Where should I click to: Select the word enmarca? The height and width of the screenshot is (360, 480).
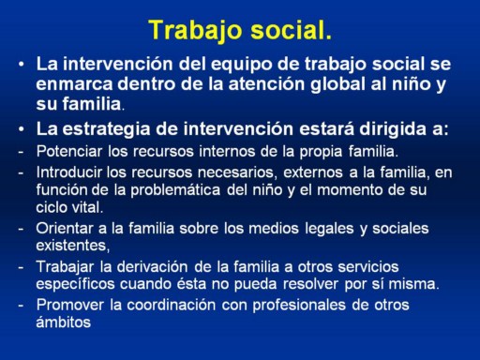[x=74, y=84]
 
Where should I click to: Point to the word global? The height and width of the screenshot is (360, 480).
[x=337, y=84]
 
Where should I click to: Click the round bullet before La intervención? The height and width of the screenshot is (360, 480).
[x=21, y=64]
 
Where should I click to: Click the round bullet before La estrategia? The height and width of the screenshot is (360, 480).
[x=21, y=129]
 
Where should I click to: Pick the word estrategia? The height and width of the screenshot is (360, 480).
[x=106, y=129]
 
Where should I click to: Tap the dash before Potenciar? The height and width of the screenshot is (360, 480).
[x=21, y=152]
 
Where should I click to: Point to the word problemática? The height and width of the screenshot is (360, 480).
[x=175, y=190]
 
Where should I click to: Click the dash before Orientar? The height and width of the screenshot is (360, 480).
[x=21, y=229]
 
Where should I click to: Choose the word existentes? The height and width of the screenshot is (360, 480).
[x=73, y=246]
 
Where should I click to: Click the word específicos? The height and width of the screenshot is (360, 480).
[x=75, y=285]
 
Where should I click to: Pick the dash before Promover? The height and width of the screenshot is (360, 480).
[x=21, y=306]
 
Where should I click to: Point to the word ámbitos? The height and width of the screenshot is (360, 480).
[x=64, y=322]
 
